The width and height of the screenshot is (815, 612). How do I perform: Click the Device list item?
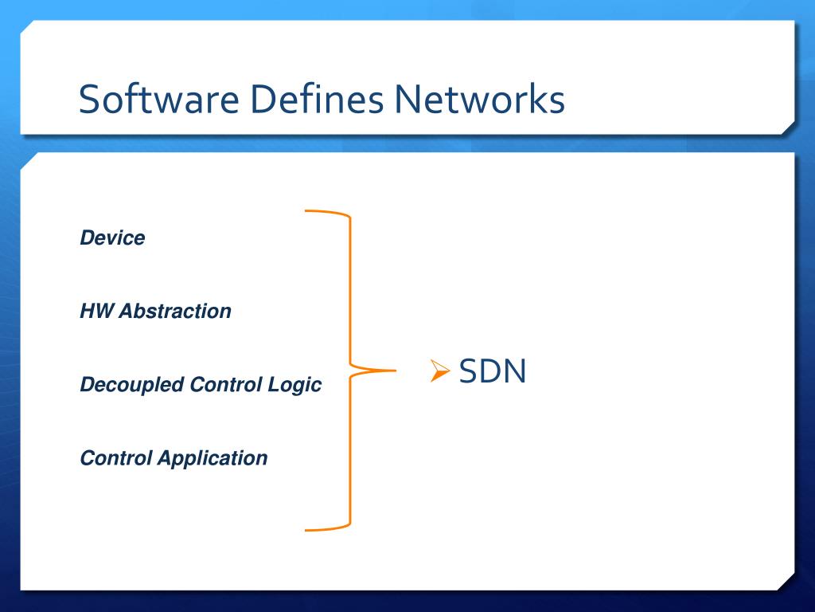tap(112, 238)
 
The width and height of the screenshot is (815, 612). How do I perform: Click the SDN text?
tap(493, 371)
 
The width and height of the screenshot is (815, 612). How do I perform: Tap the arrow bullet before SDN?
tap(441, 371)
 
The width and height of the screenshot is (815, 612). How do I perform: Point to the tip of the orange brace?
tap(393, 371)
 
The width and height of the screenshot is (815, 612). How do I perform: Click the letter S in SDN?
tap(468, 371)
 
